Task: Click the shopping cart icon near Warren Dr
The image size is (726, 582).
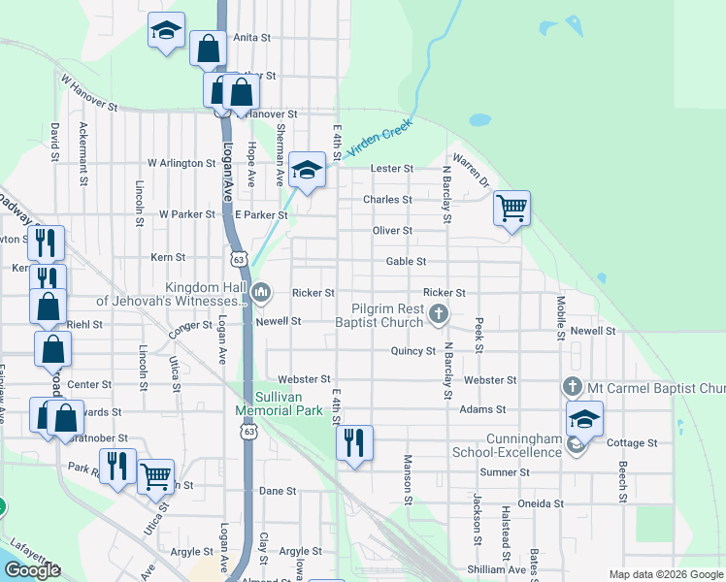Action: point(511,207)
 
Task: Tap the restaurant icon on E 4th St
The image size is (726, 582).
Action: point(353,442)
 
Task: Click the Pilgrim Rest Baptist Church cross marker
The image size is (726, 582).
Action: point(440,313)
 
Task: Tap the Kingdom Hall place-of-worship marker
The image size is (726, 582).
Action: point(260,292)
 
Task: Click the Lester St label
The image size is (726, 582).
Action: point(393,169)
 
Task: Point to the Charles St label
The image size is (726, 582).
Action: point(387,200)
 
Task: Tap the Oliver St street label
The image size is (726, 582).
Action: point(393,231)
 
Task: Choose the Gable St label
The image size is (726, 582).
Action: point(406,262)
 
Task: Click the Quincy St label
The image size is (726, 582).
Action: point(413,351)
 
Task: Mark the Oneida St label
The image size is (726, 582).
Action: point(542,503)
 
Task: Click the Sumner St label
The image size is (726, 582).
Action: point(505,472)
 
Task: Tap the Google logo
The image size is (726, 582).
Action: point(32,570)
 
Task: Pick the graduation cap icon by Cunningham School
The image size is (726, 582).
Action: point(584,419)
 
